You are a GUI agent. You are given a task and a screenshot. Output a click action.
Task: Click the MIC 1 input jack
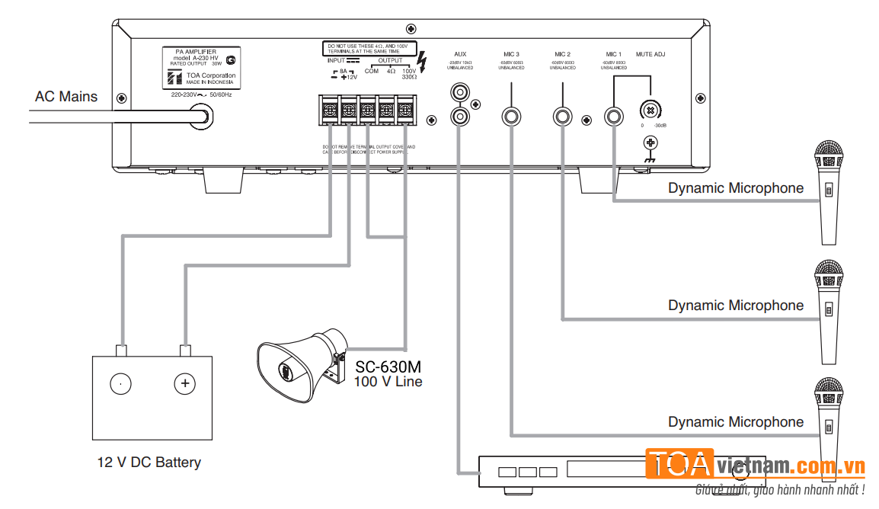[615, 117]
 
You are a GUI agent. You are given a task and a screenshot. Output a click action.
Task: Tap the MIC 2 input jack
[564, 117]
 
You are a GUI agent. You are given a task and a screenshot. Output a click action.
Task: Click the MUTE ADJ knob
[650, 108]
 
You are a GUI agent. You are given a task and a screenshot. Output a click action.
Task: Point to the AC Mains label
[66, 97]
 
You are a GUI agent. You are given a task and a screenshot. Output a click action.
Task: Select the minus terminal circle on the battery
[120, 383]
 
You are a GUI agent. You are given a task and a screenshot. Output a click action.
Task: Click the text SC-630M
[388, 367]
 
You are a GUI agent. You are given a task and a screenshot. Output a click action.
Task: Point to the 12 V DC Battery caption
[149, 462]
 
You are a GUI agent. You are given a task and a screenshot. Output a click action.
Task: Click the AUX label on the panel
[460, 55]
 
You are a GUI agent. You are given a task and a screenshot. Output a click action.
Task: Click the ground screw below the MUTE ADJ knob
[650, 142]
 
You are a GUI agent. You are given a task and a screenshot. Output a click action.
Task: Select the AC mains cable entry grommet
[204, 116]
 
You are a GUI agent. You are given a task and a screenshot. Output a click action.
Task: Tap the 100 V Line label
[388, 381]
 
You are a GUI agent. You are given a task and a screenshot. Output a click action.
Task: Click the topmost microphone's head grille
[828, 155]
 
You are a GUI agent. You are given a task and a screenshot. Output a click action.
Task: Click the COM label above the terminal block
[371, 71]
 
